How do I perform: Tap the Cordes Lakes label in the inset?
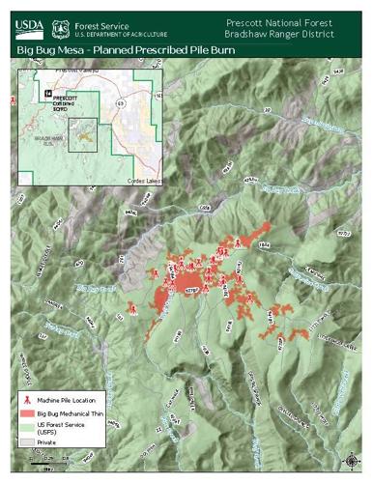(143, 181)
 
